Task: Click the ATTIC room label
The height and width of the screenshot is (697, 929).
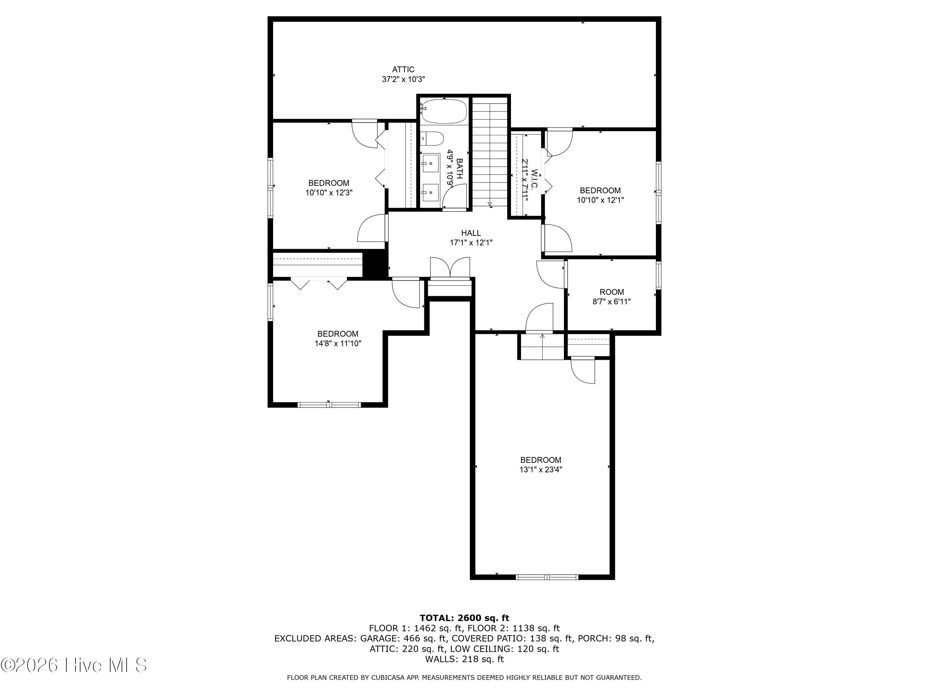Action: pyautogui.click(x=403, y=69)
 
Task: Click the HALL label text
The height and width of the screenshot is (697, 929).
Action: pyautogui.click(x=471, y=233)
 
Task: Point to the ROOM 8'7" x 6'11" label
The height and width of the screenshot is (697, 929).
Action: pyautogui.click(x=612, y=297)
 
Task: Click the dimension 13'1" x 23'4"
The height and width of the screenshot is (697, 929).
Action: pyautogui.click(x=540, y=469)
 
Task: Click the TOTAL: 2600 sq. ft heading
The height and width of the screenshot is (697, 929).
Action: pyautogui.click(x=464, y=618)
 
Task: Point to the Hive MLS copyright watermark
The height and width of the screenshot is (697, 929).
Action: pyautogui.click(x=74, y=665)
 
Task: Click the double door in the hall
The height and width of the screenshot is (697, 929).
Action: pyautogui.click(x=450, y=268)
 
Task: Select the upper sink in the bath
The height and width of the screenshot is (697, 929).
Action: pyautogui.click(x=430, y=163)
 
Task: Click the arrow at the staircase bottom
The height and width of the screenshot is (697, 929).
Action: pyautogui.click(x=490, y=204)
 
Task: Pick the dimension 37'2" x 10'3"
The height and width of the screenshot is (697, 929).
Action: pyautogui.click(x=403, y=79)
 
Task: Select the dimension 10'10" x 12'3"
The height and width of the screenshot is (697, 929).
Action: pyautogui.click(x=329, y=193)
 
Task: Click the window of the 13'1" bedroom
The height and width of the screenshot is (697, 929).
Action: pyautogui.click(x=547, y=577)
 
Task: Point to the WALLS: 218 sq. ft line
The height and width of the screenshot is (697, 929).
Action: pyautogui.click(x=464, y=659)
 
